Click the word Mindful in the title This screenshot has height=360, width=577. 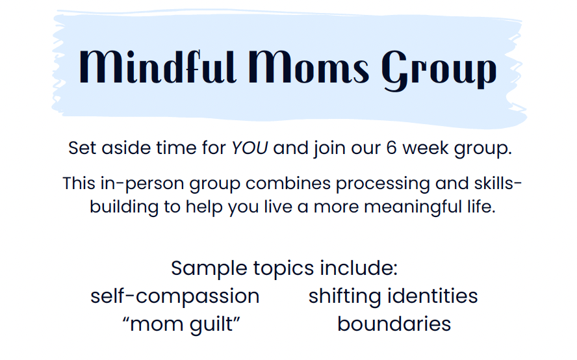pyautogui.click(x=157, y=67)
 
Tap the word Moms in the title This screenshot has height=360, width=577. pyautogui.click(x=309, y=67)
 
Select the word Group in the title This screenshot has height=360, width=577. pyautogui.click(x=439, y=70)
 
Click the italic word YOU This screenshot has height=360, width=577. pyautogui.click(x=250, y=148)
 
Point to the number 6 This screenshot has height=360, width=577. pyautogui.click(x=391, y=148)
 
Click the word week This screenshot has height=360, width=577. pyautogui.click(x=426, y=148)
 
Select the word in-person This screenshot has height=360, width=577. pyautogui.click(x=142, y=184)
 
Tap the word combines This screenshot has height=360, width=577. pyautogui.click(x=288, y=183)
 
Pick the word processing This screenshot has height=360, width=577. pyautogui.click(x=383, y=184)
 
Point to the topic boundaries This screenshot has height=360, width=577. pyautogui.click(x=394, y=324)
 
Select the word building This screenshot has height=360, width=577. pyautogui.click(x=124, y=207)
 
